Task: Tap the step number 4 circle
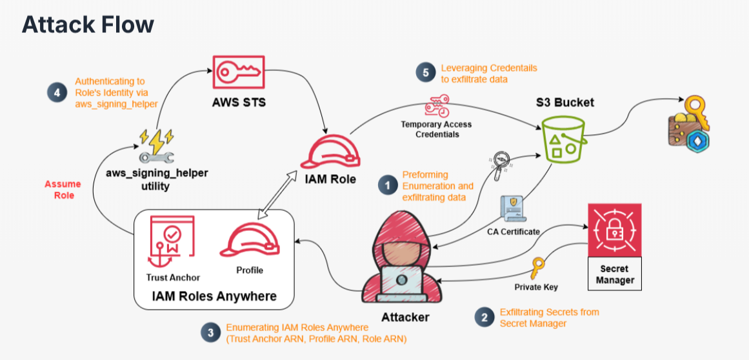click(57, 92)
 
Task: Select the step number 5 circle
click(425, 73)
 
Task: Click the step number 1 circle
click(386, 186)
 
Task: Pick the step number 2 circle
click(483, 317)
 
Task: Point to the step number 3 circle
click(210, 332)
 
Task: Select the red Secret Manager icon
click(614, 230)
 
